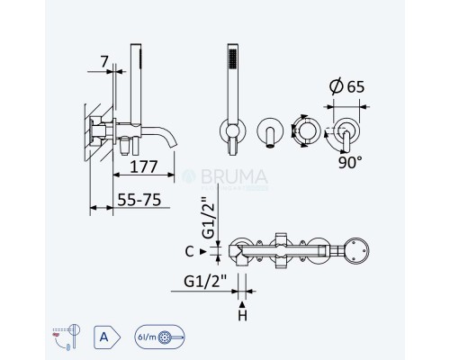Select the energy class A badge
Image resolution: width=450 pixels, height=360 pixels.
[x=103, y=337]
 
